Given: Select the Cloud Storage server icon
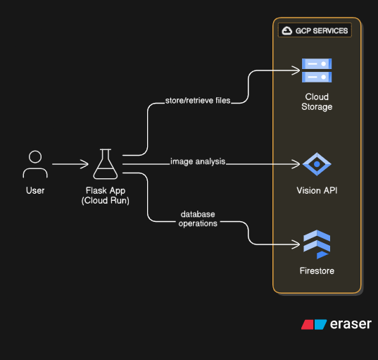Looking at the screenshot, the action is pos(317,70).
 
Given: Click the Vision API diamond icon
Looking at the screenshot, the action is pos(317,164).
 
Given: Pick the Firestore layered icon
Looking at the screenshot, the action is pos(317,244).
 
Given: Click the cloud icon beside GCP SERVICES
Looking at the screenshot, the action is pos(287,30).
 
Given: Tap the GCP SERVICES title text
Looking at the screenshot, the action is pos(322,31).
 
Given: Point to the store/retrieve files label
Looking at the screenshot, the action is pos(198,100).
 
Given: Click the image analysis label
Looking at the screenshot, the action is pos(198,161).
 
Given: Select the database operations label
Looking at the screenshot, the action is pos(198,218).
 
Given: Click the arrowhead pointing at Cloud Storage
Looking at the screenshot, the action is pos(296,70).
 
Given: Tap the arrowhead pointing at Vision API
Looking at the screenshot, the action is pos(296,164).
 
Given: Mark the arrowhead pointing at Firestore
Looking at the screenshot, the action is pos(296,244).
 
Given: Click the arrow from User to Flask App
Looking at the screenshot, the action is pos(70,164).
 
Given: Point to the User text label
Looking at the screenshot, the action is pos(35,191).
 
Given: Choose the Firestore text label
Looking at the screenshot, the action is pos(317,271).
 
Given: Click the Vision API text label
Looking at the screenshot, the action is pos(317,191).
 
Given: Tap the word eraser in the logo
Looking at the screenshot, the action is pos(351,324).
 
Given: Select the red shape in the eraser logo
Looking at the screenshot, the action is pos(308,325).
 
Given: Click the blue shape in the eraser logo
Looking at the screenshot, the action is pos(320,325).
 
